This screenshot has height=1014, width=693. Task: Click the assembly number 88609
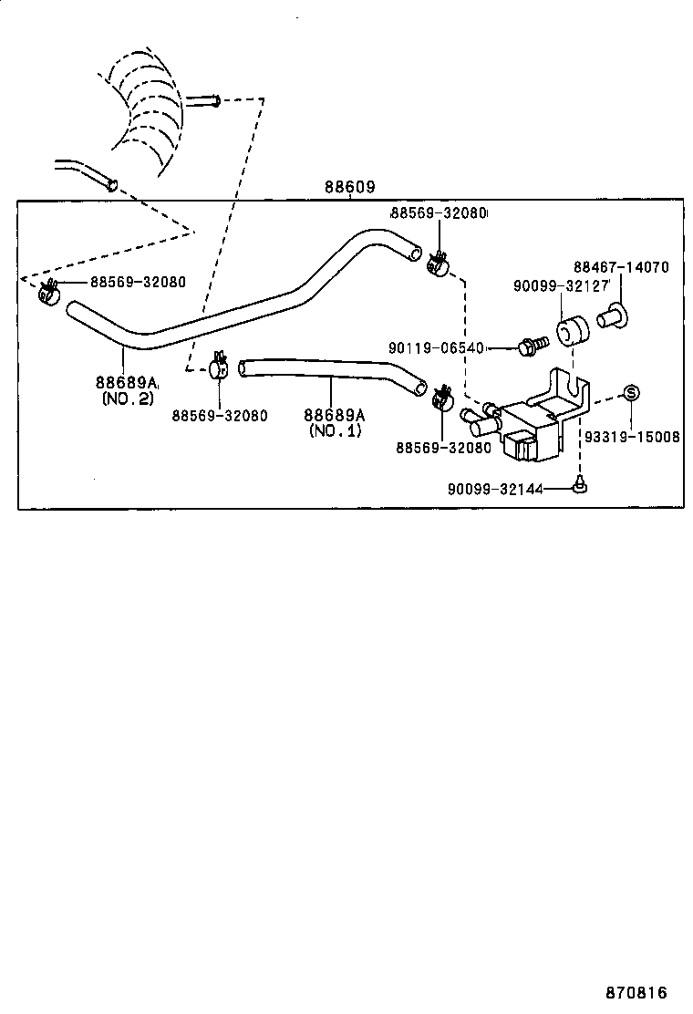[x=350, y=187]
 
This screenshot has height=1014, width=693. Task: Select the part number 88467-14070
[x=621, y=267]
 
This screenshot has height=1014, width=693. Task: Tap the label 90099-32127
[x=561, y=285]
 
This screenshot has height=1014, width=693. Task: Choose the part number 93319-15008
[x=632, y=437]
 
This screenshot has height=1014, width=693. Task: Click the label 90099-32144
[x=494, y=489]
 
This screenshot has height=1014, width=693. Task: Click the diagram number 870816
[x=635, y=992]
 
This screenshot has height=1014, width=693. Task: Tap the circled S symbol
[x=630, y=392]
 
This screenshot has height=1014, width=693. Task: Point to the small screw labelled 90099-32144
[x=580, y=486]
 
